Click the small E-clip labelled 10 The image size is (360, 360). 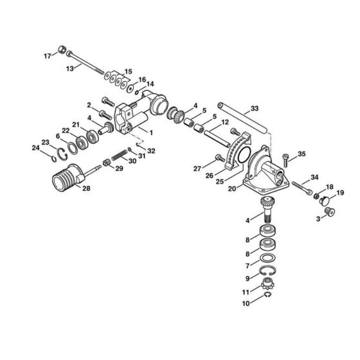[269, 297]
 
